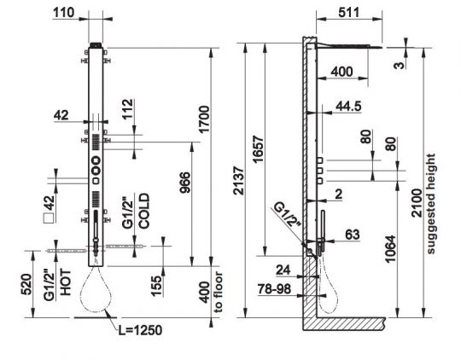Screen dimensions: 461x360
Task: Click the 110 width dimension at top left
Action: click(63, 13)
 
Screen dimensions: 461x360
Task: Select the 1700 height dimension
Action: click(204, 119)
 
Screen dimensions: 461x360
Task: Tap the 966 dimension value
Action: click(185, 183)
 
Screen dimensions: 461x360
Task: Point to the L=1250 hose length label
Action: click(140, 330)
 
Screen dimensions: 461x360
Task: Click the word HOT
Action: click(66, 282)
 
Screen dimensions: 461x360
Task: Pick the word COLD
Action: click(144, 211)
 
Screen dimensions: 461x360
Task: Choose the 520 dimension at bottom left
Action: click(26, 284)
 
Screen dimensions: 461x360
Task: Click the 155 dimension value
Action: click(156, 286)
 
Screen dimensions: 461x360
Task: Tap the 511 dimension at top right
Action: click(349, 13)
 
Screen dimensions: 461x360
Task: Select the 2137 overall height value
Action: click(239, 181)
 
